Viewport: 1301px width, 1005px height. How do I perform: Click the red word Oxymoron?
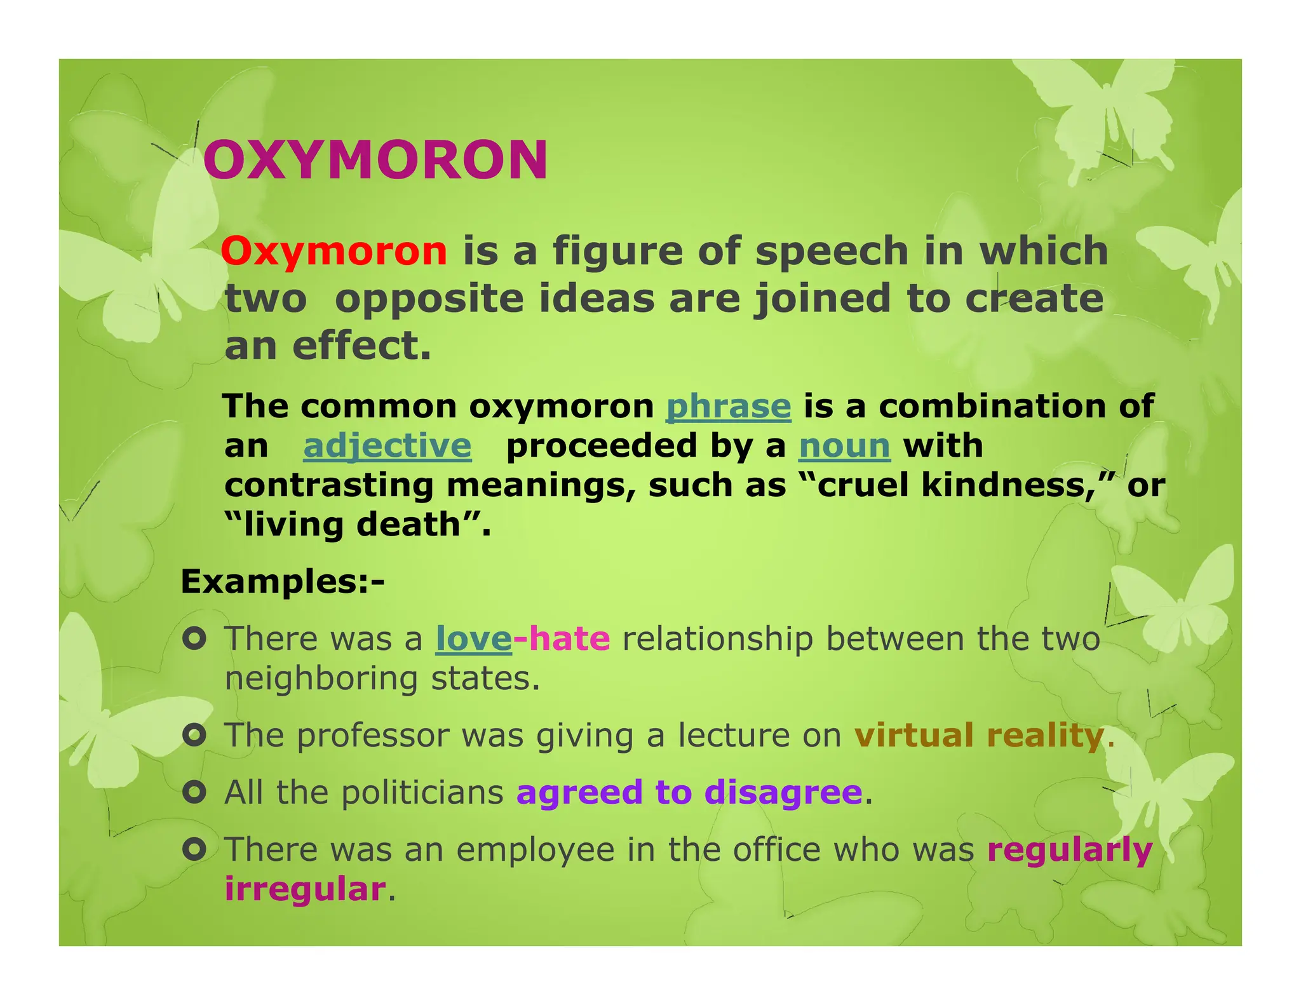[334, 251]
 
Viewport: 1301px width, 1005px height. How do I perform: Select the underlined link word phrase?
[728, 407]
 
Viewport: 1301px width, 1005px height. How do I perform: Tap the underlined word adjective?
[387, 446]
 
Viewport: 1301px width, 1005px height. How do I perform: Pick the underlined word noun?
[844, 446]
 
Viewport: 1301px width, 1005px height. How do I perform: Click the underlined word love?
[473, 638]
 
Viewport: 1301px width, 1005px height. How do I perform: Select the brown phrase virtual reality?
[979, 736]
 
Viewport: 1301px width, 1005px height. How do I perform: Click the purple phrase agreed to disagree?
[689, 792]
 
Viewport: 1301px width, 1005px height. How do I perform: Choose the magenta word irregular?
[305, 888]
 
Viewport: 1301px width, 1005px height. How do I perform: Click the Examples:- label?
[283, 581]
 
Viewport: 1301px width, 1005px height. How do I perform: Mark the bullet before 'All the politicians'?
[194, 792]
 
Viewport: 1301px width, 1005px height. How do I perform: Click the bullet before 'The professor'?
[194, 736]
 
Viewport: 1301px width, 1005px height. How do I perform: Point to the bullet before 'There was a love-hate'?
[194, 638]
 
